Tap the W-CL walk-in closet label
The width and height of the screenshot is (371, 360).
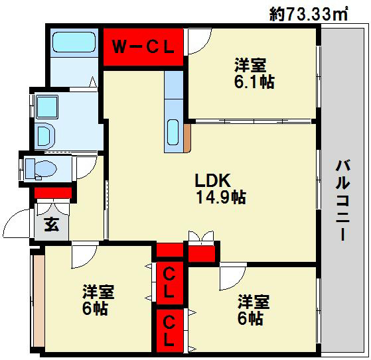142,46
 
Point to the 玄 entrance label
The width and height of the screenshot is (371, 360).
52,223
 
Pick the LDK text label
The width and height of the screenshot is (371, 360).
212,180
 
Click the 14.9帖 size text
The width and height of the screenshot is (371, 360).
220,197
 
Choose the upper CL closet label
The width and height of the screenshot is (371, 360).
169,281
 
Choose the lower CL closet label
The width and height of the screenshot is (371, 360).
169,332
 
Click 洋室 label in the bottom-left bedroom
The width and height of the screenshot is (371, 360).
98,292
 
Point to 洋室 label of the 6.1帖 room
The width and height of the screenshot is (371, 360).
250,65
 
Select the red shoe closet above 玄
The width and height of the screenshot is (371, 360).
53,194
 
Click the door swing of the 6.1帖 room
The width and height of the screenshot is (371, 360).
196,43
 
